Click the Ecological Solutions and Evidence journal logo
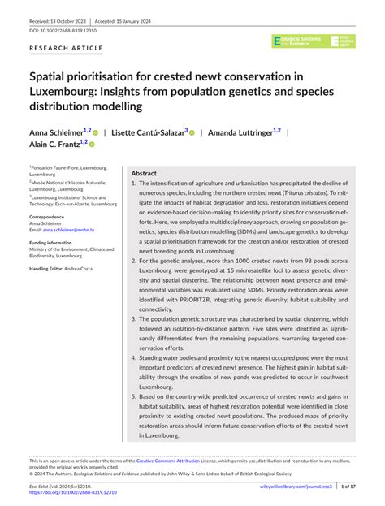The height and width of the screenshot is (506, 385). coord(301,41)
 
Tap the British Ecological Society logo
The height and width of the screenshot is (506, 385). coord(344,41)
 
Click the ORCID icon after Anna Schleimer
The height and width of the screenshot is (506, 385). coord(96,132)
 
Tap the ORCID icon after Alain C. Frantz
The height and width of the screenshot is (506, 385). coord(91,145)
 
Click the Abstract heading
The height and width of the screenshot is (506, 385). coord(144,174)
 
